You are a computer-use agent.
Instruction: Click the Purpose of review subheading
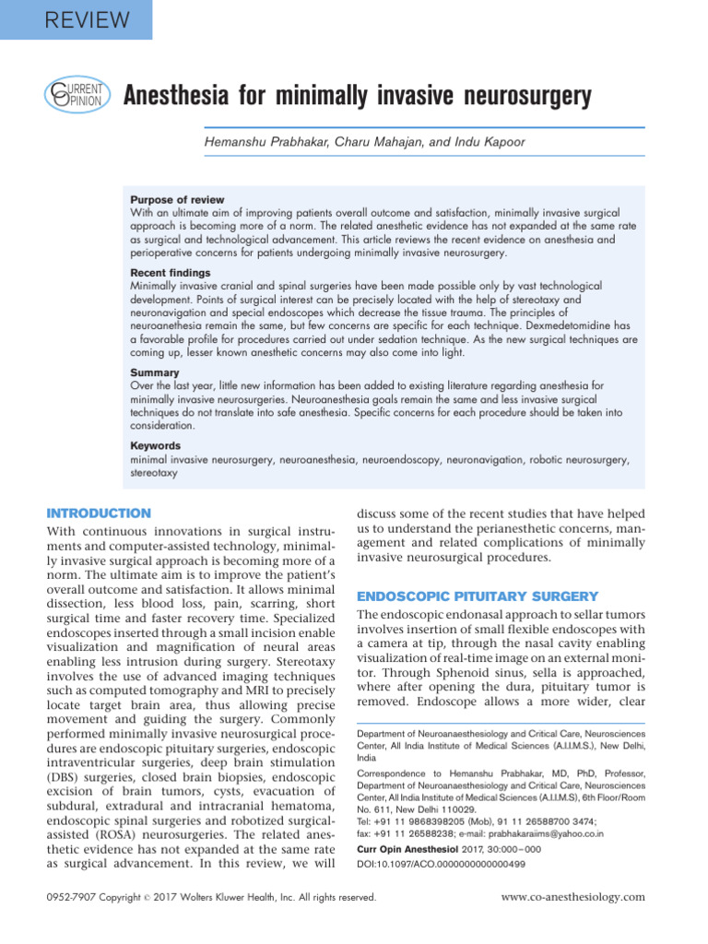(x=177, y=200)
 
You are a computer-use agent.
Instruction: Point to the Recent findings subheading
(x=171, y=274)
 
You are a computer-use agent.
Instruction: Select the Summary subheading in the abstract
(x=155, y=373)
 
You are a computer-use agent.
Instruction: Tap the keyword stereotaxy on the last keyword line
(x=154, y=472)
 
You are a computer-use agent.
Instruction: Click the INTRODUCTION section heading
(x=98, y=513)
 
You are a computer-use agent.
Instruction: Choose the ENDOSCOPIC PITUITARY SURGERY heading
(x=478, y=596)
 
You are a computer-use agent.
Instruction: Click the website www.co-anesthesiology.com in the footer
(x=572, y=896)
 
